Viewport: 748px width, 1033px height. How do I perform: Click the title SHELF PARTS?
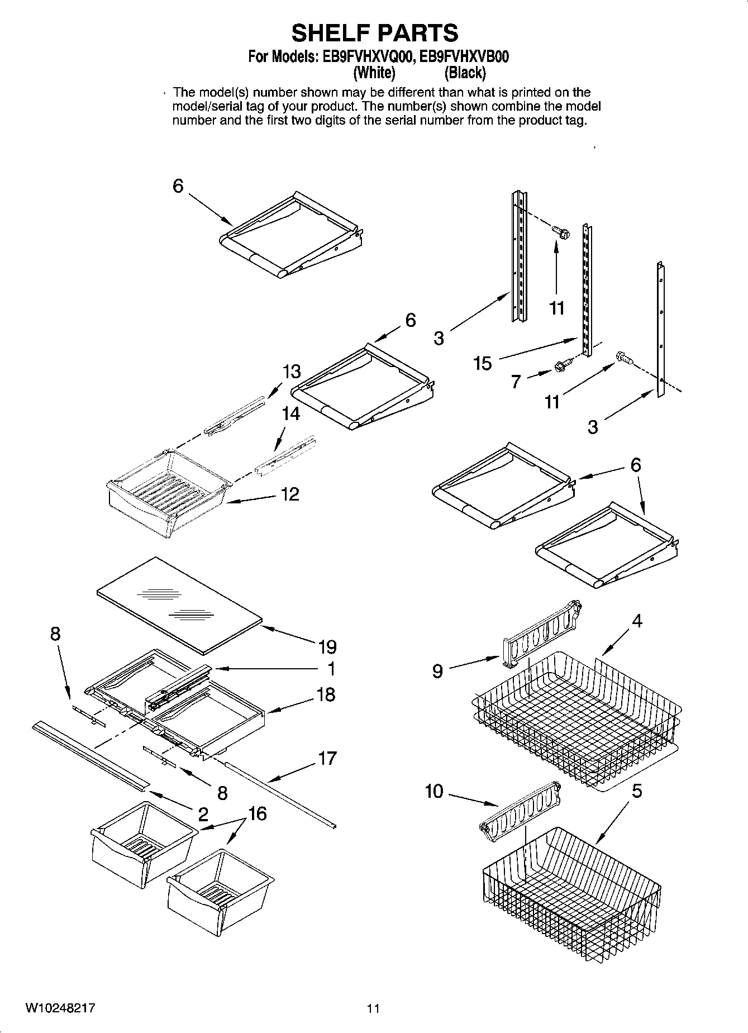[375, 34]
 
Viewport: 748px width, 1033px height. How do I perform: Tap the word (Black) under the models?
[465, 73]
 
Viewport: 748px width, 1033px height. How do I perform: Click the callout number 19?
[327, 648]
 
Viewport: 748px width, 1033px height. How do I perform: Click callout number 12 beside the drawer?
[290, 494]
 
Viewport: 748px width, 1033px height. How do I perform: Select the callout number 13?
[292, 372]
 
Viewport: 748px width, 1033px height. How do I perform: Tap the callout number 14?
[291, 414]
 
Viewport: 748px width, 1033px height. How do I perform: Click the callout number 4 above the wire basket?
[637, 621]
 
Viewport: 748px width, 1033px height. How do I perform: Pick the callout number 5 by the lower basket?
[637, 792]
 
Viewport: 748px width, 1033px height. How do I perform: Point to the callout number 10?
[433, 791]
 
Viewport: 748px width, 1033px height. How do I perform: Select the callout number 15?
[482, 364]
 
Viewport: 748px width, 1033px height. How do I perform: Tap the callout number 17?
[327, 758]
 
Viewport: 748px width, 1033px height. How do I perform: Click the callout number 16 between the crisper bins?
[258, 814]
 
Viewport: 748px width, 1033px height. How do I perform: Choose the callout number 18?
[326, 694]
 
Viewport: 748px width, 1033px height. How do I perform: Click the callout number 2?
[203, 814]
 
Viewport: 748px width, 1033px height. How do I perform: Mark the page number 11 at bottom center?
[373, 1008]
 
